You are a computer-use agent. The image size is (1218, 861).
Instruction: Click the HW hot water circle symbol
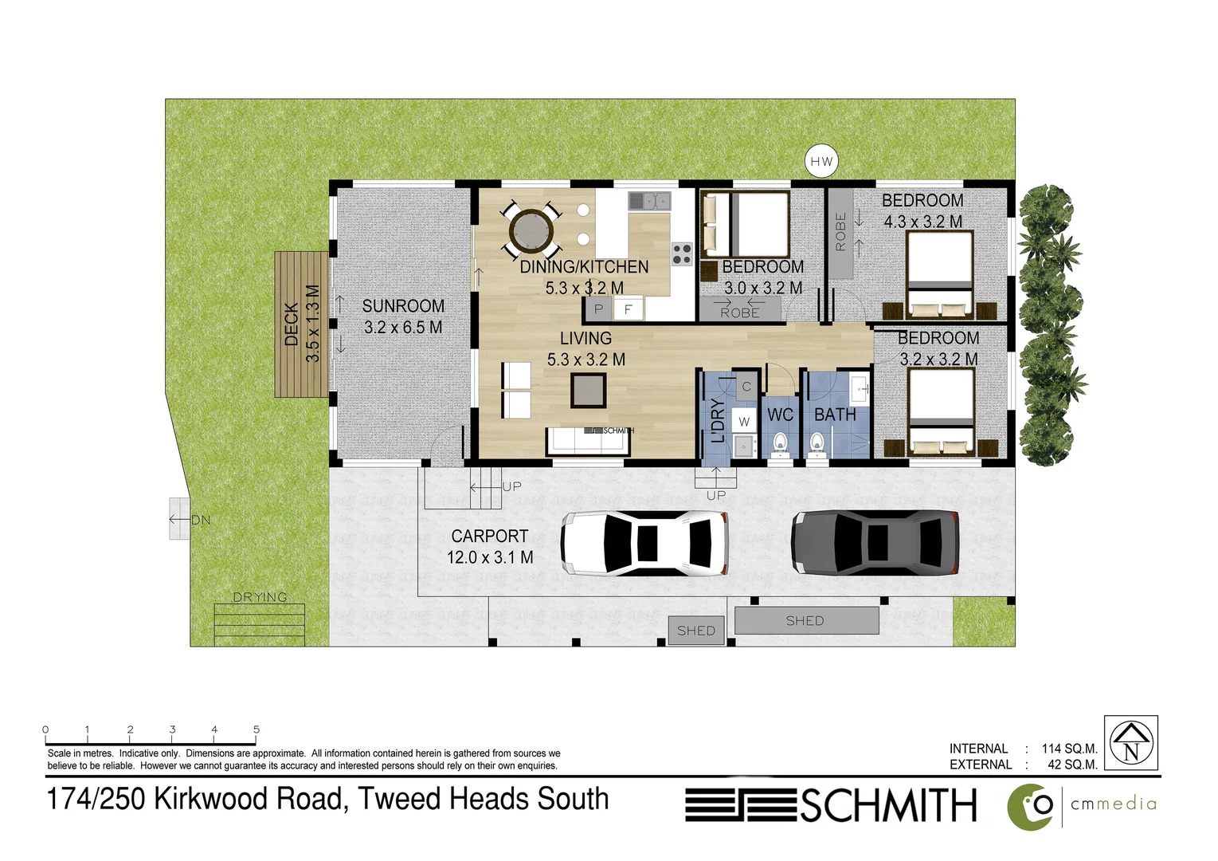pos(821,162)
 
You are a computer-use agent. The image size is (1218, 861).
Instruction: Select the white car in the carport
pos(645,544)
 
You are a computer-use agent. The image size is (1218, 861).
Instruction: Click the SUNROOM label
pos(403,306)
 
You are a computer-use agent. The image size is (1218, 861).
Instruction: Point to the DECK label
pos(292,324)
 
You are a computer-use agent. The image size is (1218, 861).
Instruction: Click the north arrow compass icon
pos(1130,742)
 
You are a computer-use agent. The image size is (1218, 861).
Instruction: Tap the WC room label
pos(780,415)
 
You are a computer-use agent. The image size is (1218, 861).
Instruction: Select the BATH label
pos(835,415)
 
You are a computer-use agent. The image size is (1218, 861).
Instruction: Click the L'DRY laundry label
pos(718,420)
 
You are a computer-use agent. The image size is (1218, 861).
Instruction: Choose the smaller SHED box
pos(696,631)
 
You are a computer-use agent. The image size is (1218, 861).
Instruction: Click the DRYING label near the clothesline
pos(260,597)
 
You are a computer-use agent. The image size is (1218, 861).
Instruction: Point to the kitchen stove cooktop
pos(682,254)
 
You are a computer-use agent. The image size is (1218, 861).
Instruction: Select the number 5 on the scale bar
pos(257,729)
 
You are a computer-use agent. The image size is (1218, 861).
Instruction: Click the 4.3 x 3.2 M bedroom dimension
pos(922,222)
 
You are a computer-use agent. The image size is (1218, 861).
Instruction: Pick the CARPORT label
pos(489,537)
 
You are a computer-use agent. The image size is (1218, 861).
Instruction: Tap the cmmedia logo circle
pos(1030,807)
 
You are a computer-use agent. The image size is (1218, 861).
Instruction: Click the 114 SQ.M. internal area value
pos(1069,749)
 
